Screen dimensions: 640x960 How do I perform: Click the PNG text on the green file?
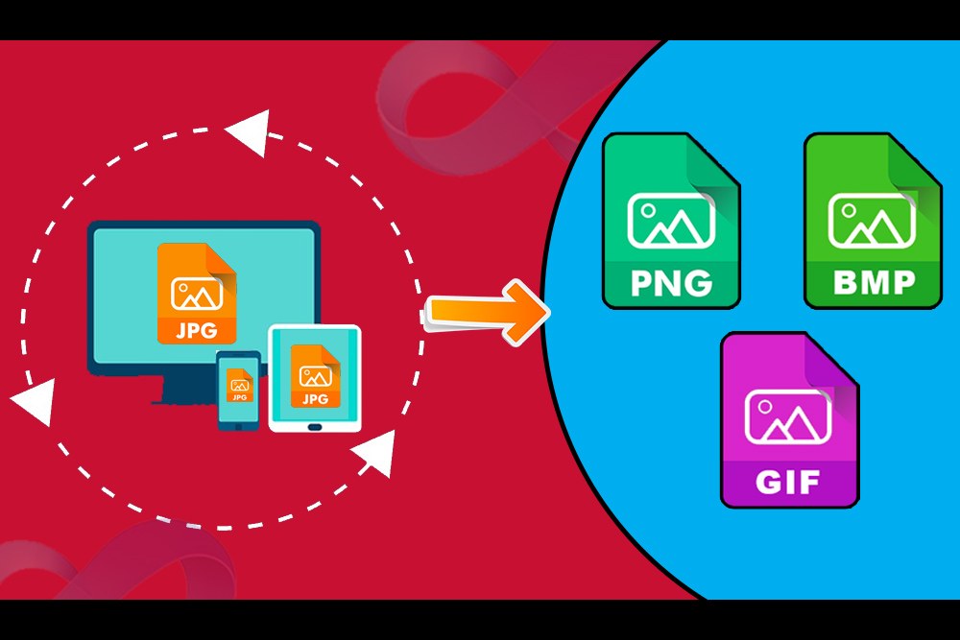pyautogui.click(x=671, y=283)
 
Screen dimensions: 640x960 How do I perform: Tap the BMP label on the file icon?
pyautogui.click(x=873, y=283)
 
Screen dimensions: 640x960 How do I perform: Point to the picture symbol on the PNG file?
pyautogui.click(x=671, y=221)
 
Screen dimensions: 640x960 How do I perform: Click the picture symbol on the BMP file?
pyautogui.click(x=873, y=221)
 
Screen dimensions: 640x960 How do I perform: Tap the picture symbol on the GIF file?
pyautogui.click(x=788, y=417)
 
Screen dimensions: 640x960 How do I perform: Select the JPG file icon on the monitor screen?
pyautogui.click(x=197, y=293)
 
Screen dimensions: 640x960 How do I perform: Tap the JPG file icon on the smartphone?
pyautogui.click(x=238, y=385)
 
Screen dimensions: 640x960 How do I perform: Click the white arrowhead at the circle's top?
pyautogui.click(x=248, y=132)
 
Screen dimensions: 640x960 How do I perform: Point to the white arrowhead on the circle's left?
pyautogui.click(x=33, y=401)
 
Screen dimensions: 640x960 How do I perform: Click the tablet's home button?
pyautogui.click(x=314, y=423)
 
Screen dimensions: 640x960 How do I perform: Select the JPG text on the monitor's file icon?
pyautogui.click(x=197, y=331)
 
